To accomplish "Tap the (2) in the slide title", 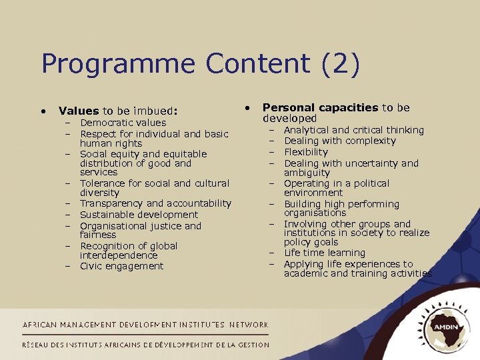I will tap(341, 65).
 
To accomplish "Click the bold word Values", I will tap(78, 111).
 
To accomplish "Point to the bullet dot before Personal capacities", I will tap(247, 107).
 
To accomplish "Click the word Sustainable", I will tap(105, 215).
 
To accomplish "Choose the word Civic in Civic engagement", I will tap(91, 266).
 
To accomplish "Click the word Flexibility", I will tap(306, 152).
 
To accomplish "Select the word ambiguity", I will tap(307, 173).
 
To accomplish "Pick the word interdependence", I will tap(119, 255).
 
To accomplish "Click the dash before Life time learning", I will tap(272, 253).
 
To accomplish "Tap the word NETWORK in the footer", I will tap(249, 325).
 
